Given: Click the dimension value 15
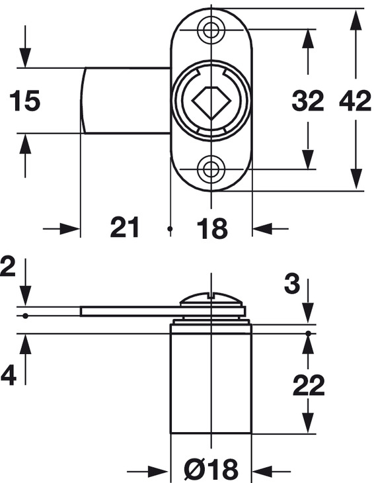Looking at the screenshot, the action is (24, 101).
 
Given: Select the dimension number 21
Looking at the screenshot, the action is (124, 228).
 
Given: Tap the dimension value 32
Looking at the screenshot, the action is (307, 101).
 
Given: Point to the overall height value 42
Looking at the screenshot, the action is (355, 101).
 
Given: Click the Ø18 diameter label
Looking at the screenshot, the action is (211, 469).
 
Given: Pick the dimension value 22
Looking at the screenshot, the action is (309, 385).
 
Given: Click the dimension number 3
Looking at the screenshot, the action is (291, 283).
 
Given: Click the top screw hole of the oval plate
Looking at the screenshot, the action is (211, 30).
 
